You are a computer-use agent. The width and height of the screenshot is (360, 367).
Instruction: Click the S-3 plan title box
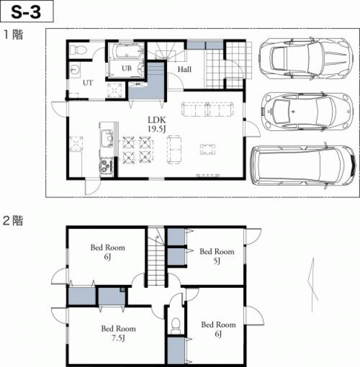(x=27, y=11)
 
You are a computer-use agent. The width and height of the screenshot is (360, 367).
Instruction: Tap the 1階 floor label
(x=13, y=34)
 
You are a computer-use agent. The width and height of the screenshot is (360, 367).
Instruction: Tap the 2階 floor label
(x=13, y=220)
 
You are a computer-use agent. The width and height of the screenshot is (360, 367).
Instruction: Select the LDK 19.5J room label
(x=157, y=124)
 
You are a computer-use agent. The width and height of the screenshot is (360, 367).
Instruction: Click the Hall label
(x=184, y=69)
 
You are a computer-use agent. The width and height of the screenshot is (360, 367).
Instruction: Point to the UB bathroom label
(x=126, y=68)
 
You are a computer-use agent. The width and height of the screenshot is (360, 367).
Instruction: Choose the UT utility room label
(x=88, y=83)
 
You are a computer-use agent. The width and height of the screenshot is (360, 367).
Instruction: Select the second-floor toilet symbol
(x=176, y=326)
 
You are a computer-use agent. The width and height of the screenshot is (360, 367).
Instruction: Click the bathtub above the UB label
(x=126, y=51)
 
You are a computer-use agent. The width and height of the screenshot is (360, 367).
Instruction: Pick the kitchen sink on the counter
(x=107, y=139)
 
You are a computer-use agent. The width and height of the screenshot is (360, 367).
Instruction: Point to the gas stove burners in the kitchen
(x=107, y=166)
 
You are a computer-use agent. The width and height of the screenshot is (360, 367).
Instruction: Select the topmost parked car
(x=306, y=58)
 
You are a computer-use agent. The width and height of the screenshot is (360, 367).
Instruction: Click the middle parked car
(x=307, y=111)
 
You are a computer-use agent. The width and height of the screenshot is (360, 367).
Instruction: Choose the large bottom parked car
(x=304, y=165)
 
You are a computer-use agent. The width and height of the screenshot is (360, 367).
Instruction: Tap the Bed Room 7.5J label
(x=118, y=333)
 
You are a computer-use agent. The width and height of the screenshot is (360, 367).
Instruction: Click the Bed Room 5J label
(x=217, y=256)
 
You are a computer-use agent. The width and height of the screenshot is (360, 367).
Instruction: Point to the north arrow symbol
(x=313, y=285)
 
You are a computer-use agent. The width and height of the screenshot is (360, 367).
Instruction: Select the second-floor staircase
(x=156, y=256)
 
